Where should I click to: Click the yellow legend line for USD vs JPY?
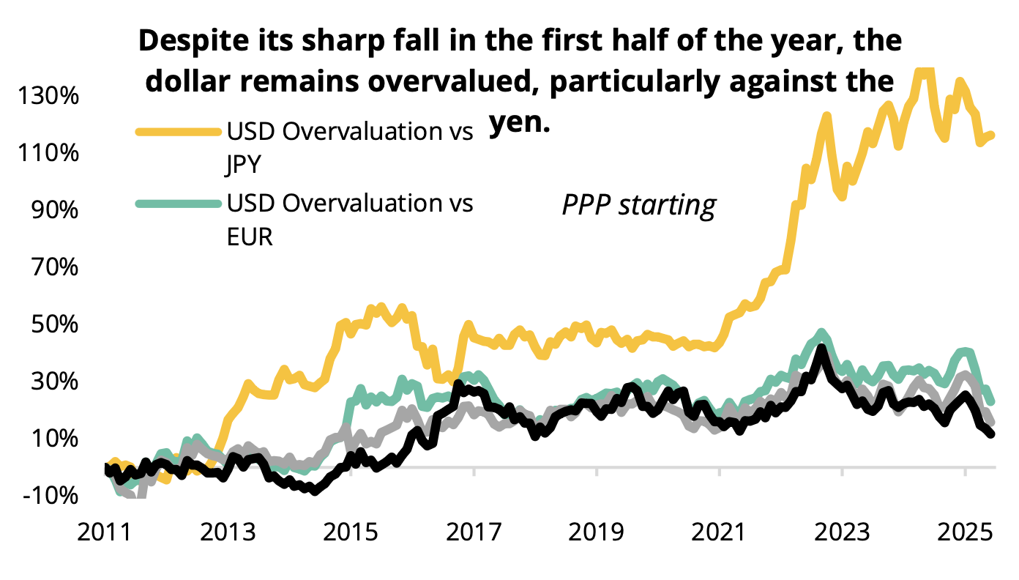178,132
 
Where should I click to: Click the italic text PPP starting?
638,206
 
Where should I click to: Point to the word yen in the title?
519,123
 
